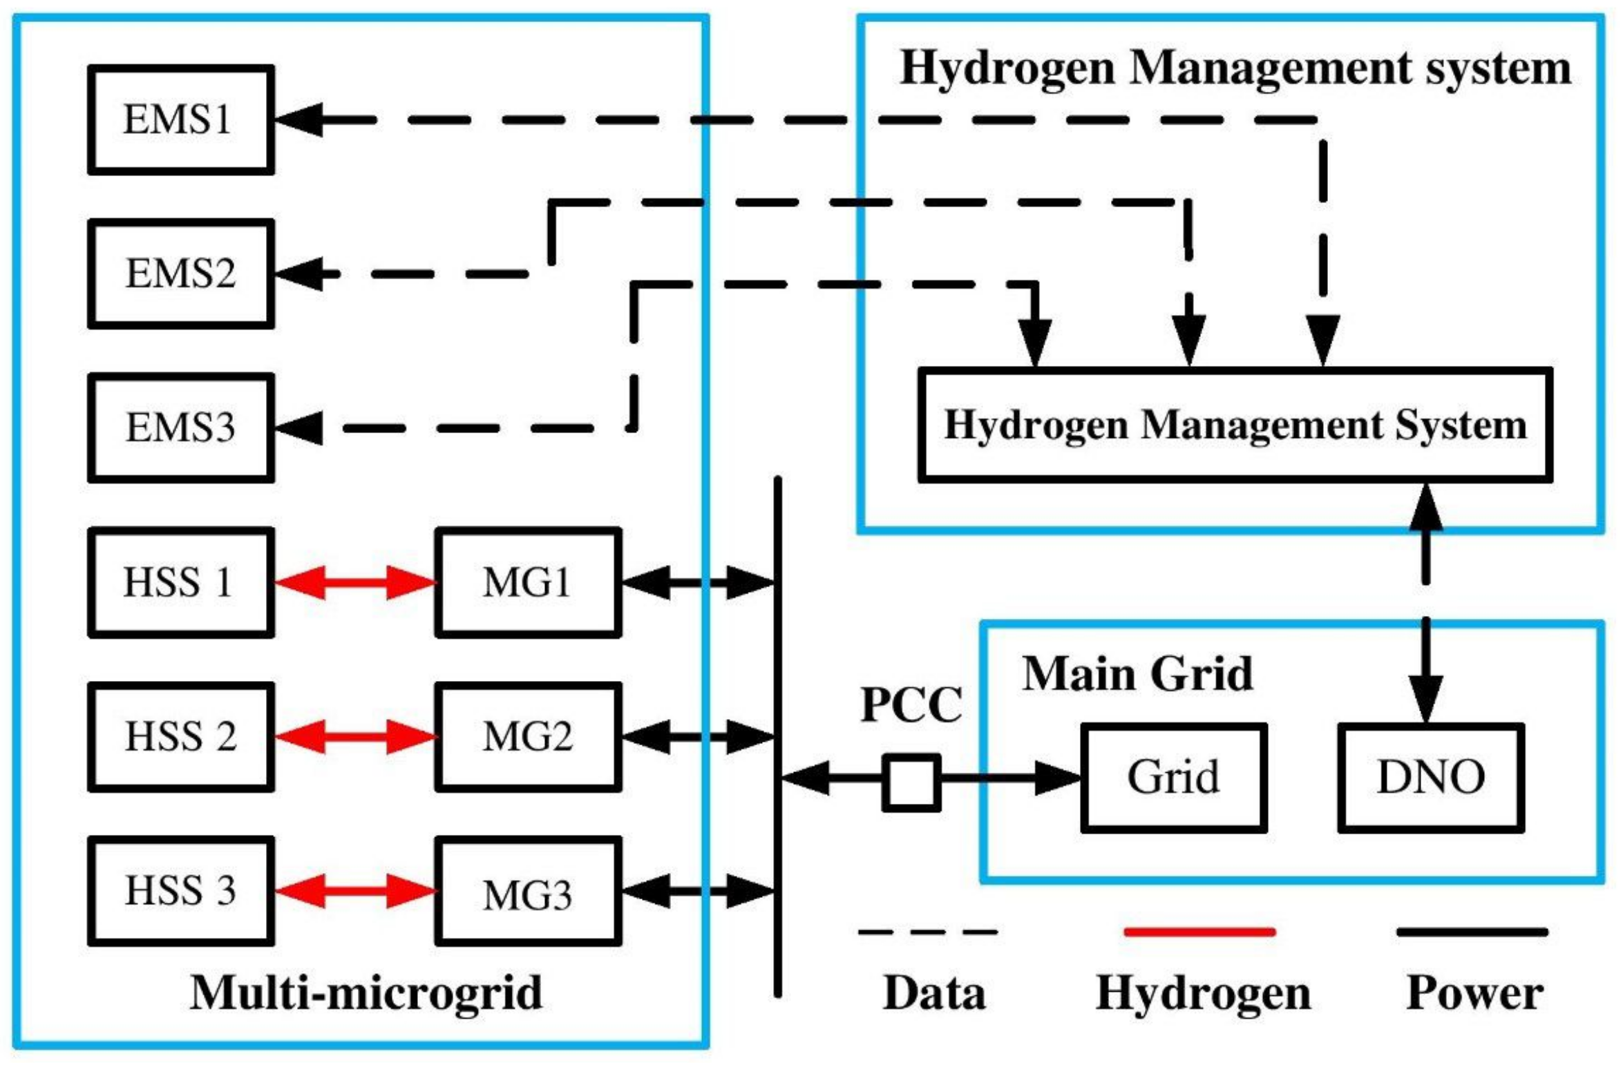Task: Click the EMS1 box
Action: coord(180,119)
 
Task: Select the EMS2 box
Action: coord(180,274)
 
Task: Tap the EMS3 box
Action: coord(180,428)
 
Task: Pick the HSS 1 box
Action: coord(180,582)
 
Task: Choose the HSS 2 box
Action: coord(180,737)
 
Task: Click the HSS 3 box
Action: coord(180,891)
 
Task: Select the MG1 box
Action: coord(528,582)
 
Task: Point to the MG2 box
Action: coord(528,737)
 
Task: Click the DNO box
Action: coord(1430,778)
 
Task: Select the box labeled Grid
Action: coord(1173,778)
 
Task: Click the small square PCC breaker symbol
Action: coord(911,783)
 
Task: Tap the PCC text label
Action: coord(911,704)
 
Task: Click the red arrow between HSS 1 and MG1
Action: coord(355,582)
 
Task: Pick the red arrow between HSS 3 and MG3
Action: coord(355,891)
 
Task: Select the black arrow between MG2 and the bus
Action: coord(698,737)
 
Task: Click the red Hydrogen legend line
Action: coord(1199,932)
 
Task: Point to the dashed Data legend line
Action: coord(927,932)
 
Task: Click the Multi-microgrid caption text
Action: coord(366,994)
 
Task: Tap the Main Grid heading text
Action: coord(1137,673)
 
